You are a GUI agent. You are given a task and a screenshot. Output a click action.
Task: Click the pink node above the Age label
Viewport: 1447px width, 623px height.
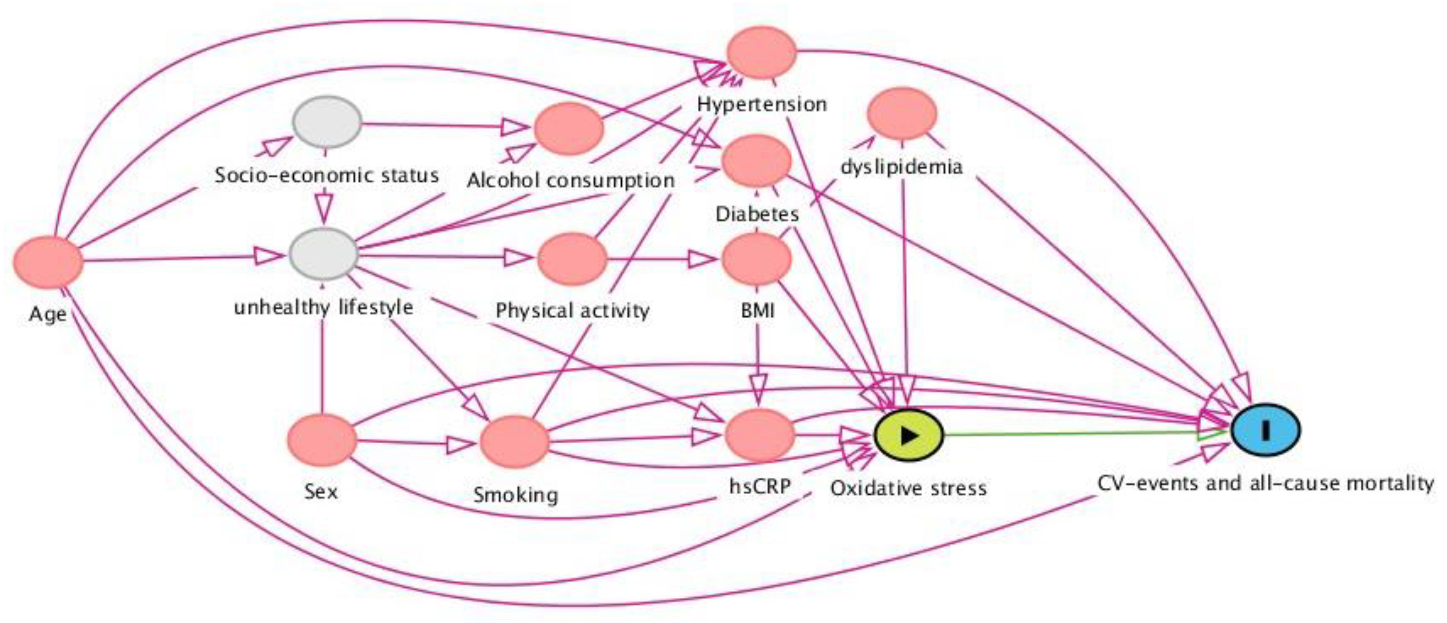(48, 263)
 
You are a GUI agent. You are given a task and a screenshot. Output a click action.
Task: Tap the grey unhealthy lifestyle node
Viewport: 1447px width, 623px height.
(324, 254)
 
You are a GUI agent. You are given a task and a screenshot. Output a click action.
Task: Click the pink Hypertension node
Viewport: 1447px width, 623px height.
(762, 52)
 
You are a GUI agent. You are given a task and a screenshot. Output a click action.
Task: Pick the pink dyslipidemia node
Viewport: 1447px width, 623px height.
(902, 113)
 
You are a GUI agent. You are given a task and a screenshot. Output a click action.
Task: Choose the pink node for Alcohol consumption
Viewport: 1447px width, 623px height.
(569, 129)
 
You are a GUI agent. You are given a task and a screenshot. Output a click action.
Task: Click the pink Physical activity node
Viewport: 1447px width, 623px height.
(572, 259)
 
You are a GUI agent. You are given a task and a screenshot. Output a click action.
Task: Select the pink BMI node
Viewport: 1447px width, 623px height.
(756, 259)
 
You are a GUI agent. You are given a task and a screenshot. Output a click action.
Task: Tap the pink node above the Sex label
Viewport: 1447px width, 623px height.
(322, 440)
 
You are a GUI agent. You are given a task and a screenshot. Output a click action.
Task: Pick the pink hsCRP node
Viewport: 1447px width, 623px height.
(760, 435)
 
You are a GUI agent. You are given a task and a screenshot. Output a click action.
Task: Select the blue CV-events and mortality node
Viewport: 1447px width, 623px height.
(1266, 430)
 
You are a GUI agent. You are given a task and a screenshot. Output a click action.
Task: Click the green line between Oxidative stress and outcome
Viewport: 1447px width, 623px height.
(1067, 434)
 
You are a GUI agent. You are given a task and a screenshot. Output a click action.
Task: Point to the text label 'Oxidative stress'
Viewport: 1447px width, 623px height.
(908, 488)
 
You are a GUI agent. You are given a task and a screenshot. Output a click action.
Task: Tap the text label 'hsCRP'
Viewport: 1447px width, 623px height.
(760, 486)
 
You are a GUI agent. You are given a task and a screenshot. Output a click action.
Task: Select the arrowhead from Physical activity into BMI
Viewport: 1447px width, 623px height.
(701, 260)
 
